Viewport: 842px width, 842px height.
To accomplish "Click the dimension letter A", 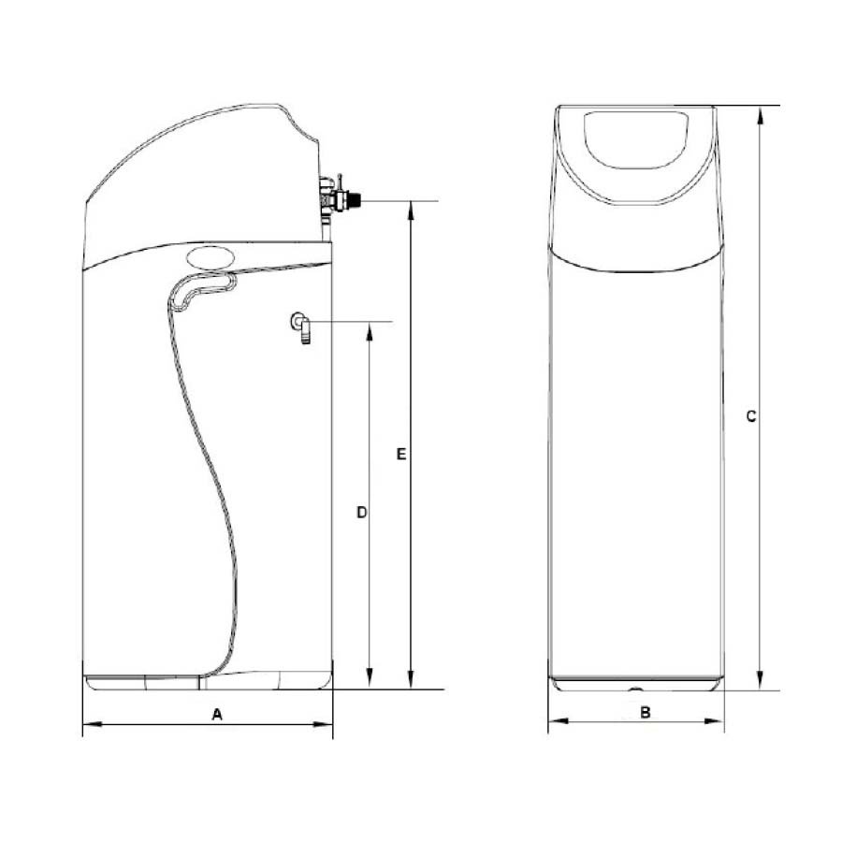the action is coord(217,714).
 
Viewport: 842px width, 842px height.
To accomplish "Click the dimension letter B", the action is coord(646,713).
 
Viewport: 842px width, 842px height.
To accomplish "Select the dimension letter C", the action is coord(751,416).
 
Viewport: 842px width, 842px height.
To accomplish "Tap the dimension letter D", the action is coord(362,513).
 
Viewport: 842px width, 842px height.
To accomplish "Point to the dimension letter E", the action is coord(401,455).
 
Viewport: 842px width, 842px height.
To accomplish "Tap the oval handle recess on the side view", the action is coord(210,257).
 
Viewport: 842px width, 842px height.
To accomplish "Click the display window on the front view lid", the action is coord(636,139).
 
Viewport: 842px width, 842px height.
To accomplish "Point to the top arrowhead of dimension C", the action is coord(760,115).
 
